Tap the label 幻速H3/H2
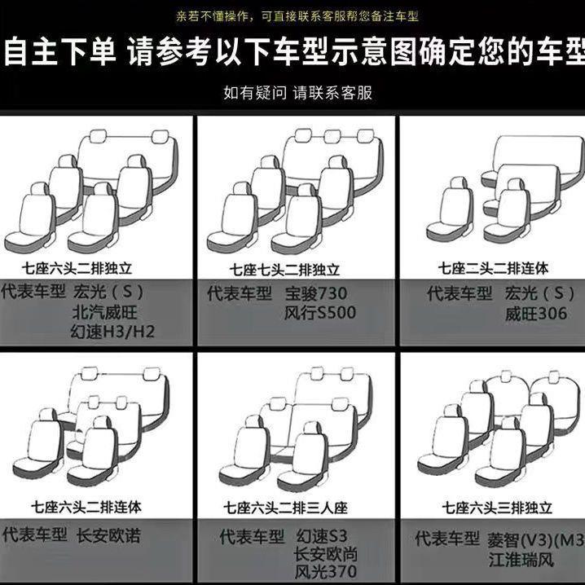click(x=113, y=332)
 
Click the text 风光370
click(x=325, y=572)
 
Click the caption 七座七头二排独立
click(x=284, y=269)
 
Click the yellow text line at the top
click(x=292, y=16)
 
